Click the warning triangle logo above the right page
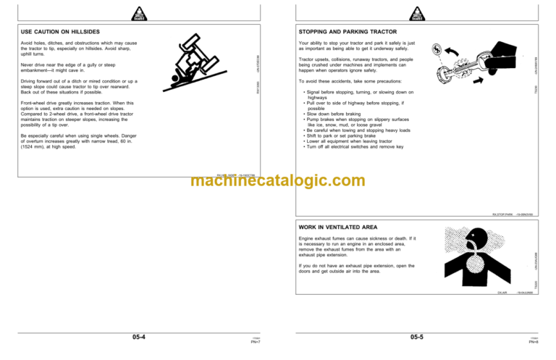(416, 12)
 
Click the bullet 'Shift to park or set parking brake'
(345, 135)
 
